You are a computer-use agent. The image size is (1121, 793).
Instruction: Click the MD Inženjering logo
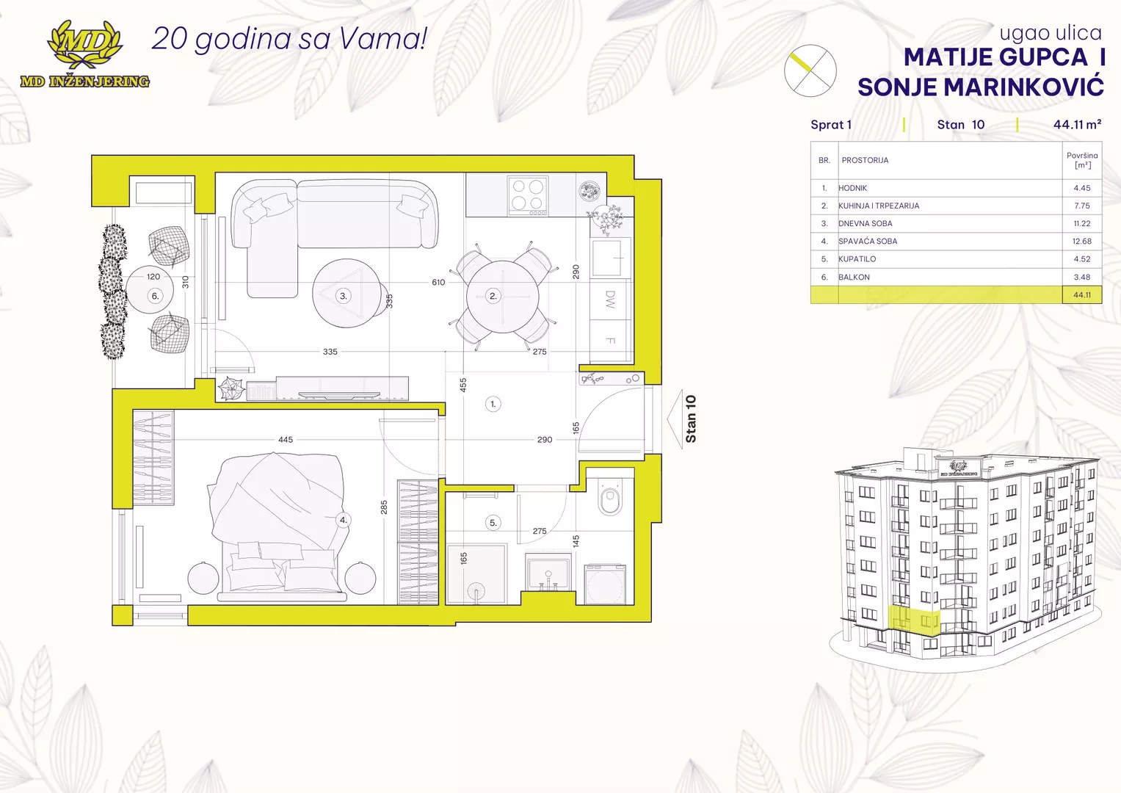point(85,54)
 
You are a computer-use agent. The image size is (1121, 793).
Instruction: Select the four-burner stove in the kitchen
point(528,195)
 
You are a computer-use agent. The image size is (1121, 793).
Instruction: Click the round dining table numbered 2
point(502,297)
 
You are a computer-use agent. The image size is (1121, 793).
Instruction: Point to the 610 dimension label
point(438,283)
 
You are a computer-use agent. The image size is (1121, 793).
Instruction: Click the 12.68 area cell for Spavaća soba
point(1081,242)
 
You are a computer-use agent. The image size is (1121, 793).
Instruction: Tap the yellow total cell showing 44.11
point(1082,295)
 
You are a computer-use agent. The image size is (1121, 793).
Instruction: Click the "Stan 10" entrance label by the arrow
point(691,419)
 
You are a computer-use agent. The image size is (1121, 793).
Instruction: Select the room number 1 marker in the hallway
point(493,404)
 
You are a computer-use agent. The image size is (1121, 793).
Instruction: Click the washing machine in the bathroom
point(605,584)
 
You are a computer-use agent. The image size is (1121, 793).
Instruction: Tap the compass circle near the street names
point(810,70)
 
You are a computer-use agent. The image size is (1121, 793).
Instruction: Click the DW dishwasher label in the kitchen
point(610,300)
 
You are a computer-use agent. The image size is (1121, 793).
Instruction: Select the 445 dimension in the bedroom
point(286,440)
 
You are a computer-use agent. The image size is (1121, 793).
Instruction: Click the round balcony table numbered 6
point(150,289)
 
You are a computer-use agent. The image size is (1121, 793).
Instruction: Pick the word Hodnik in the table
point(853,188)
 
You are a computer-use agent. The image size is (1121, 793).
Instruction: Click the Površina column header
point(1082,160)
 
